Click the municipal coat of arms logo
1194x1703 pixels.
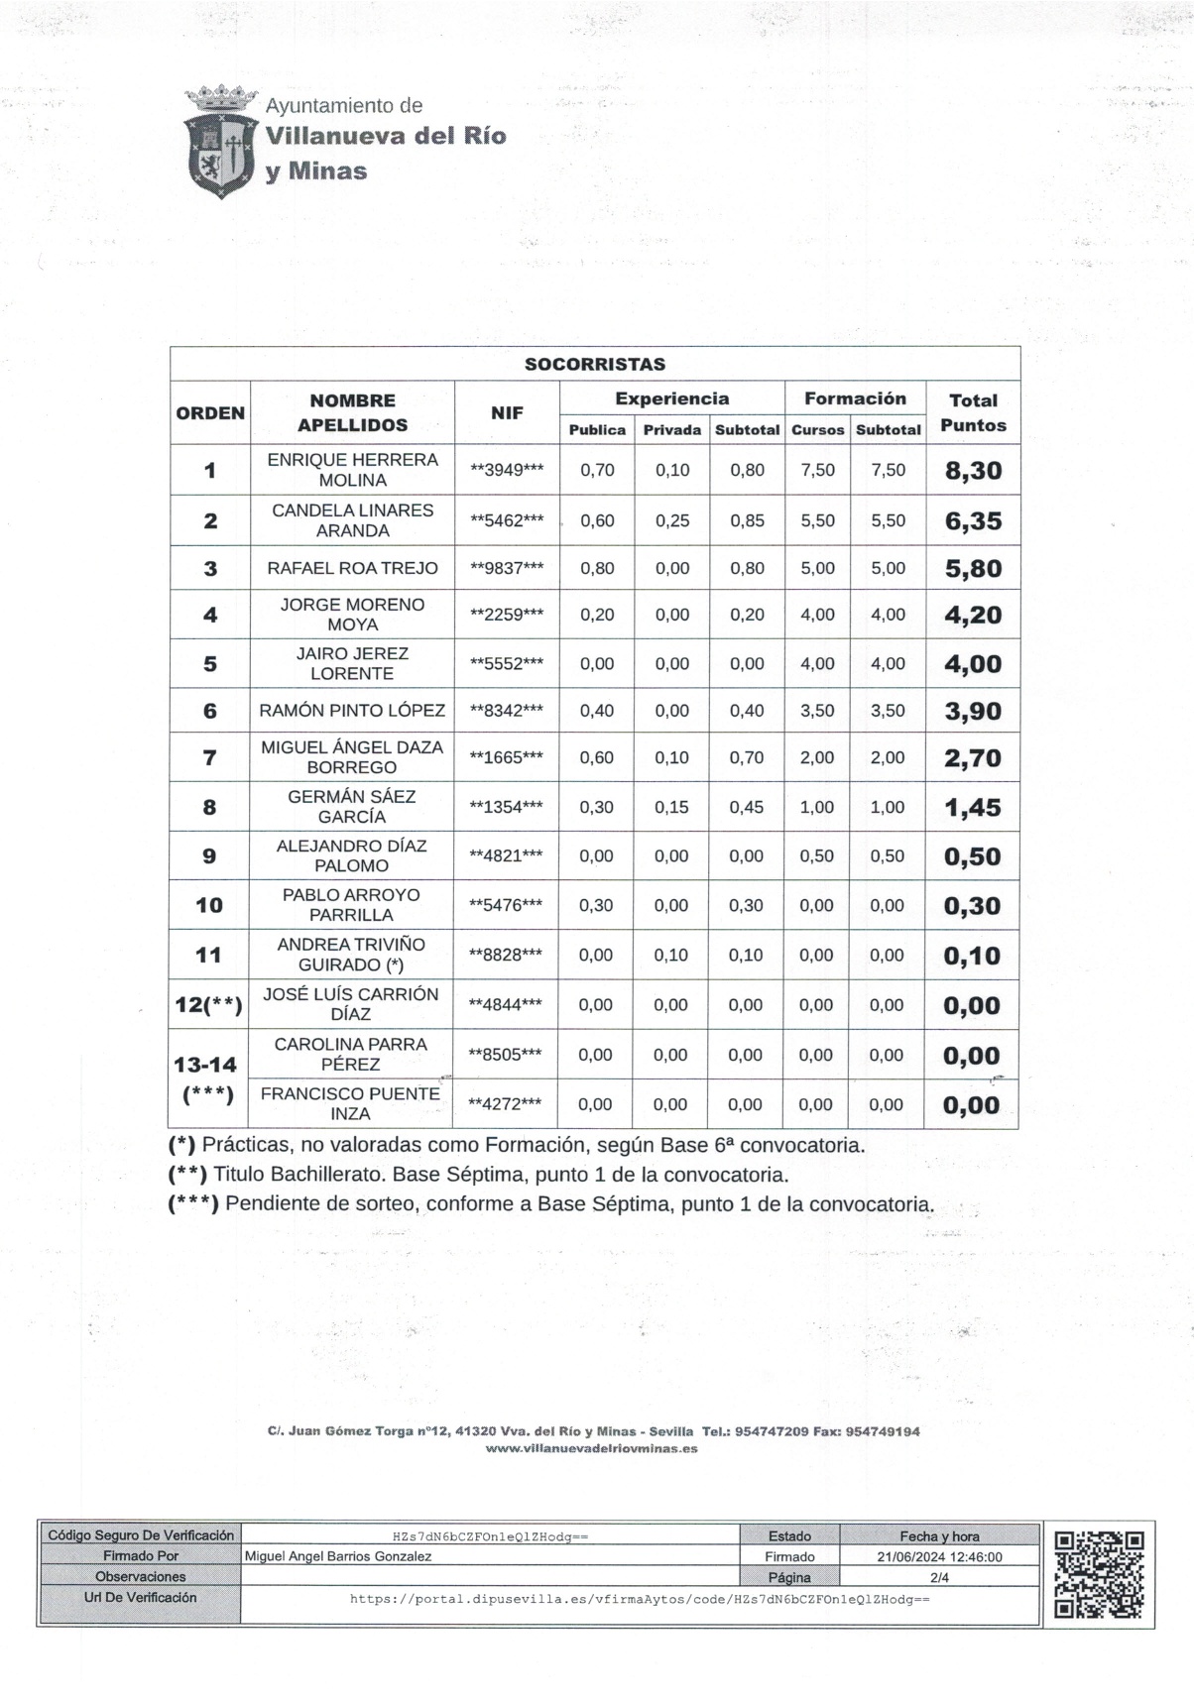220,142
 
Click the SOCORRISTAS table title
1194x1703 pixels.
595,364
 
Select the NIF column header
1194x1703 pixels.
507,412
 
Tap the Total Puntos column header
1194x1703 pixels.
973,412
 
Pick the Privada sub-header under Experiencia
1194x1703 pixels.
671,430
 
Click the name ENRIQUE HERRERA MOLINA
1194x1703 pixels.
352,470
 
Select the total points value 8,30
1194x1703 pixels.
973,471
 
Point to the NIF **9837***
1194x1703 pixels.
507,568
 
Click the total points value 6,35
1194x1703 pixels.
973,521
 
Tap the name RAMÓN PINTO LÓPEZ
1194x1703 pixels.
352,711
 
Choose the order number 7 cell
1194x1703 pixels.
209,758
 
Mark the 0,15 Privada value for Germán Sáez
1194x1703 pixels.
671,807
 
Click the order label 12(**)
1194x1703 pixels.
208,1005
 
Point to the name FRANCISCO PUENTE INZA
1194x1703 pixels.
350,1103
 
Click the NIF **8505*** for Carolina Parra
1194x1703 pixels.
506,1055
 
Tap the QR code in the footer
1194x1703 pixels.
1099,1574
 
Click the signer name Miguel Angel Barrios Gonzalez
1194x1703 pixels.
338,1556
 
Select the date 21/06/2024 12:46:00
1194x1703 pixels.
939,1556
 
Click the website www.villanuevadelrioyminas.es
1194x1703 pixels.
591,1448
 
